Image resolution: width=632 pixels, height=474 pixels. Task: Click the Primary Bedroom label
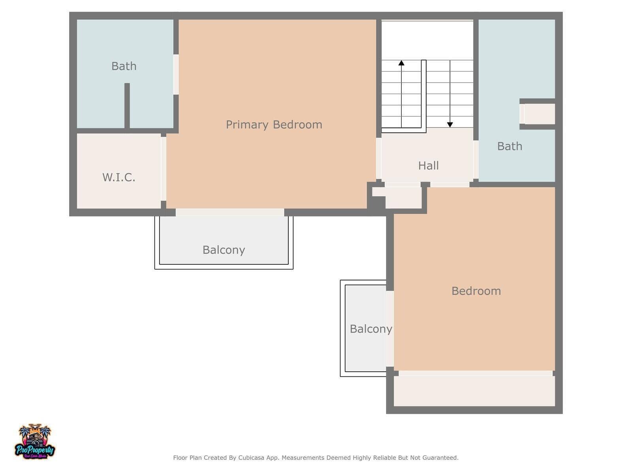pyautogui.click(x=274, y=124)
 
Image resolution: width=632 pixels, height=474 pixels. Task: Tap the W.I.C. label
pyautogui.click(x=118, y=177)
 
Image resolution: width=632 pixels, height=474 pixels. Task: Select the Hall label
pyautogui.click(x=429, y=166)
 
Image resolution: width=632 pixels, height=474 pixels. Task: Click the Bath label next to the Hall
pyautogui.click(x=509, y=146)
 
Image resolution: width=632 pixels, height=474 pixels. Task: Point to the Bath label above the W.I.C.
pyautogui.click(x=124, y=66)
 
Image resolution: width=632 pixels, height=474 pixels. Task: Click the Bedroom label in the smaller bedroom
pyautogui.click(x=476, y=291)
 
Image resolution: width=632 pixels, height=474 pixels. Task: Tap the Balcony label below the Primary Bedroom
pyautogui.click(x=224, y=250)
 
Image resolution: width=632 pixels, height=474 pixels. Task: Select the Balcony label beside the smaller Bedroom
pyautogui.click(x=371, y=329)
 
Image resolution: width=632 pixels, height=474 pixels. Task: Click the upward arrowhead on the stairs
pyautogui.click(x=401, y=63)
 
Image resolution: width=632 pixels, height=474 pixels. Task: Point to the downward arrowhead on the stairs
pyautogui.click(x=450, y=124)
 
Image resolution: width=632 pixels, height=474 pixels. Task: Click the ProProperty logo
pyautogui.click(x=35, y=442)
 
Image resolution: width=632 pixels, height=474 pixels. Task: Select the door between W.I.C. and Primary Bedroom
pyautogui.click(x=163, y=169)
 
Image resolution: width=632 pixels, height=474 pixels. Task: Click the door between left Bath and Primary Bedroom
pyautogui.click(x=176, y=74)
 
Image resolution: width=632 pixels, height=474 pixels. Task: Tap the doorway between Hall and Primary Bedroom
pyautogui.click(x=379, y=158)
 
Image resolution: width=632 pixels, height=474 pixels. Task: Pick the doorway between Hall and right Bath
pyautogui.click(x=476, y=160)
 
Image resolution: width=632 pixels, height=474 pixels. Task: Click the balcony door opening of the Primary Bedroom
pyautogui.click(x=230, y=213)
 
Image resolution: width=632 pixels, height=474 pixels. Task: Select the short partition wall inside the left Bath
pyautogui.click(x=127, y=105)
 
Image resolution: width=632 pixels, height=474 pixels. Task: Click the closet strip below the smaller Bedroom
pyautogui.click(x=474, y=391)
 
